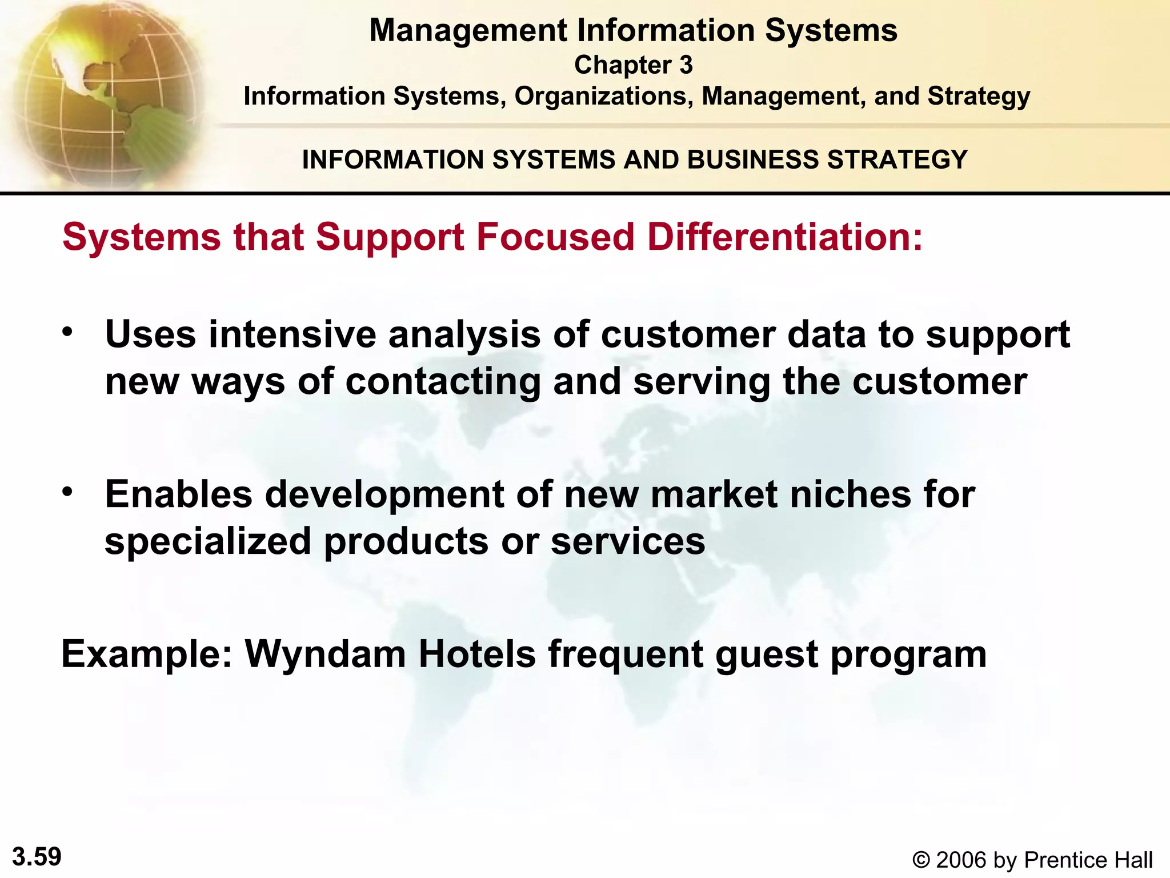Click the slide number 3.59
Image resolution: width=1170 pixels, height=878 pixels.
tap(37, 857)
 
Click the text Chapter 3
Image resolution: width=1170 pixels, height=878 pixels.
tap(633, 65)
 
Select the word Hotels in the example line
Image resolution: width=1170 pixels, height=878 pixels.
tap(477, 653)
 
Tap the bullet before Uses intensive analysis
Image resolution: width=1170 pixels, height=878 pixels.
tap(68, 332)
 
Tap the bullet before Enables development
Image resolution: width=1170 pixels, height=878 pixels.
tap(68, 492)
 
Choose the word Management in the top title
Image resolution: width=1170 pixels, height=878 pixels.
tap(468, 30)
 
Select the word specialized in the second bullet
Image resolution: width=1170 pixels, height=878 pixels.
tap(208, 541)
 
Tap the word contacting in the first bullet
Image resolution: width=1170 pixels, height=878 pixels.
tap(443, 382)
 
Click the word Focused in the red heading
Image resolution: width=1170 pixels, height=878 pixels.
tap(555, 237)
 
